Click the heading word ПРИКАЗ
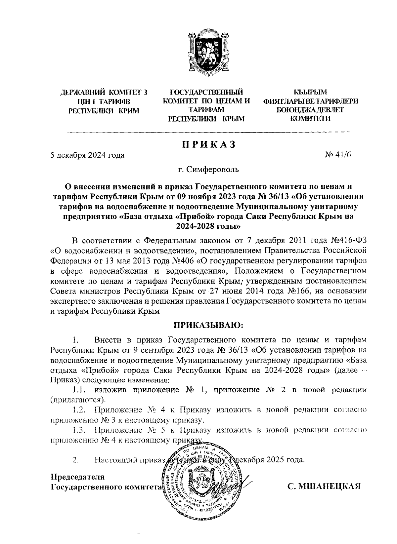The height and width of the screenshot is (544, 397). pos(208,144)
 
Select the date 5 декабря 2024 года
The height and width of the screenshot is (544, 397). pos(87,155)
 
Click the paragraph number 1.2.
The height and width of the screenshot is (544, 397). pos(79,410)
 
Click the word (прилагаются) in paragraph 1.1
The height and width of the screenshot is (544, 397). pos(77,400)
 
